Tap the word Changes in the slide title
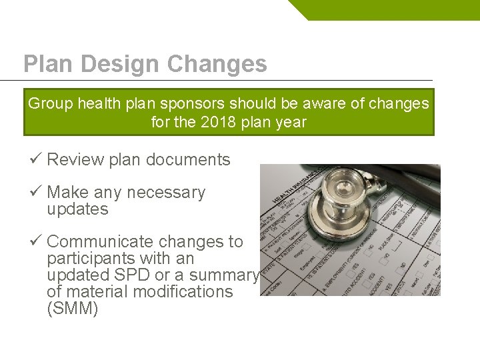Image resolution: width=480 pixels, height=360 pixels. [x=217, y=64]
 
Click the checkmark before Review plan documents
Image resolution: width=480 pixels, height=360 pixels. [x=36, y=159]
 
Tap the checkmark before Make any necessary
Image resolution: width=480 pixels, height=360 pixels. [x=36, y=192]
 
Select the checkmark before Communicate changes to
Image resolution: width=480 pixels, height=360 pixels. [x=36, y=241]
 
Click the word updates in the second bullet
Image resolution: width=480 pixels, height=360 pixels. [x=77, y=209]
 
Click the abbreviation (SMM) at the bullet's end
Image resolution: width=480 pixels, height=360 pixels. [x=73, y=309]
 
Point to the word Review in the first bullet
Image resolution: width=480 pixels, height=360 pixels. [x=75, y=160]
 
